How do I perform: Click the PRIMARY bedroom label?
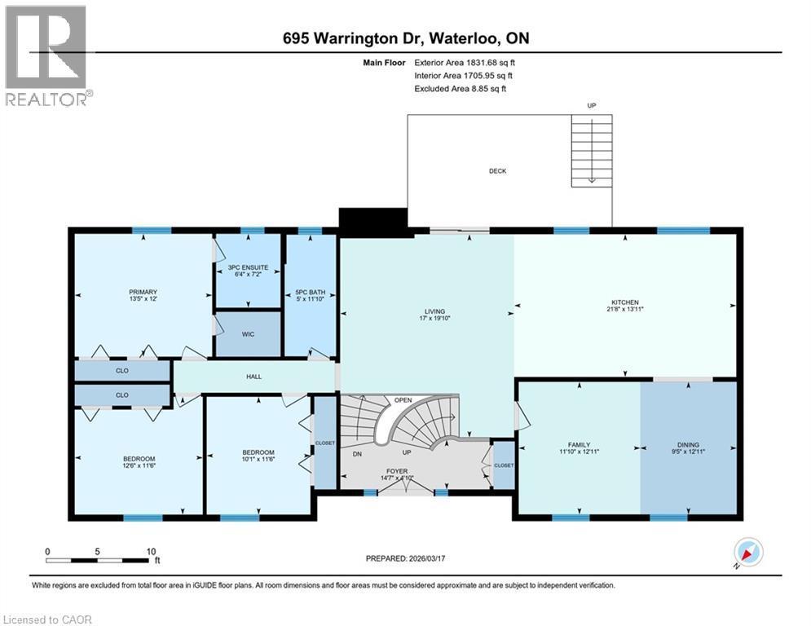click(x=142, y=292)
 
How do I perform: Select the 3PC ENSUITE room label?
click(x=248, y=267)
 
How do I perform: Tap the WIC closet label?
click(x=248, y=334)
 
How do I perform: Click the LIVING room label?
click(x=434, y=310)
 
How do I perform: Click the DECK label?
click(x=497, y=171)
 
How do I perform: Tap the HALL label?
click(x=253, y=377)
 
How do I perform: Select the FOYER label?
click(x=398, y=471)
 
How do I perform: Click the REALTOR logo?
click(x=47, y=57)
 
